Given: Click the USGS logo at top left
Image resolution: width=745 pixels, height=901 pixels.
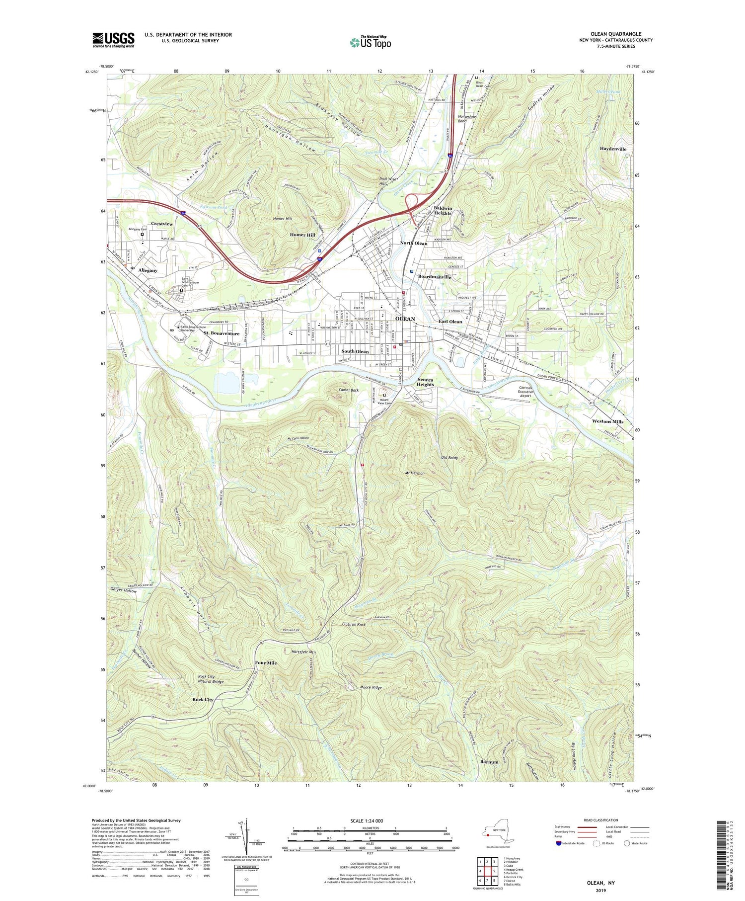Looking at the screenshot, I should point(113,40).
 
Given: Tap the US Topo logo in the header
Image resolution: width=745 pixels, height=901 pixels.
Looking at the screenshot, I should point(370,42).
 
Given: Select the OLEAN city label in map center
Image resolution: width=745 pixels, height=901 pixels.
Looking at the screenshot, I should point(405,319).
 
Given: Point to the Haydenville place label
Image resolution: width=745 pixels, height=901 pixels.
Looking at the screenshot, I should point(613,149).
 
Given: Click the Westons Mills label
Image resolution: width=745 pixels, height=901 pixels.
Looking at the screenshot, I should point(607,421).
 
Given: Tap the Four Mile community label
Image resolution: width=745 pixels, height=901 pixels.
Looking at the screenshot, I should point(266,663).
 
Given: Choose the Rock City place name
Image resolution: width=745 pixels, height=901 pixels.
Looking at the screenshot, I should point(203,699).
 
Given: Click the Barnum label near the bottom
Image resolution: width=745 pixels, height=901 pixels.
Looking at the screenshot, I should point(489,762).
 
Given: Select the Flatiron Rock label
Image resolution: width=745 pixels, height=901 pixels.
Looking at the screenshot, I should point(354,624).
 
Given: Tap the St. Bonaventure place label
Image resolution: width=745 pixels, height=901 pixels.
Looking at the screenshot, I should point(222,333).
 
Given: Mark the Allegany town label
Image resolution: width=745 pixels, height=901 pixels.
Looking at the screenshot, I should point(148,270).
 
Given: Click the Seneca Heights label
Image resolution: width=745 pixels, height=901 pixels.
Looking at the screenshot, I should point(425,381).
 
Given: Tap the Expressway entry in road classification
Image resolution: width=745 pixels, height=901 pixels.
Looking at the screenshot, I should point(565,827).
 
